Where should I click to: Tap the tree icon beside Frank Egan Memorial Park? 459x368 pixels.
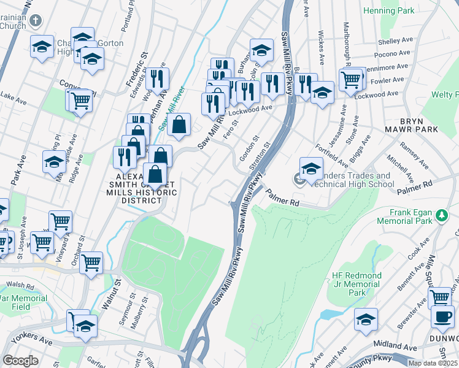[x=440, y=215]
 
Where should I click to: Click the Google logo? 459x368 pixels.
[x=20, y=361]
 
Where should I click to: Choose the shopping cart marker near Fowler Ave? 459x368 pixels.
[x=350, y=79]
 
